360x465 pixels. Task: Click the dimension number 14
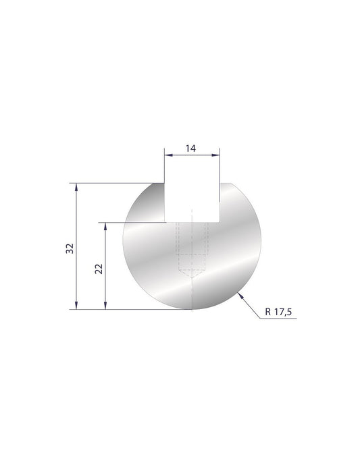[192, 149]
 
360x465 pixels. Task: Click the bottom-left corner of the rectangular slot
[166, 221]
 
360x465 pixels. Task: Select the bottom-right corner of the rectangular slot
[219, 221]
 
